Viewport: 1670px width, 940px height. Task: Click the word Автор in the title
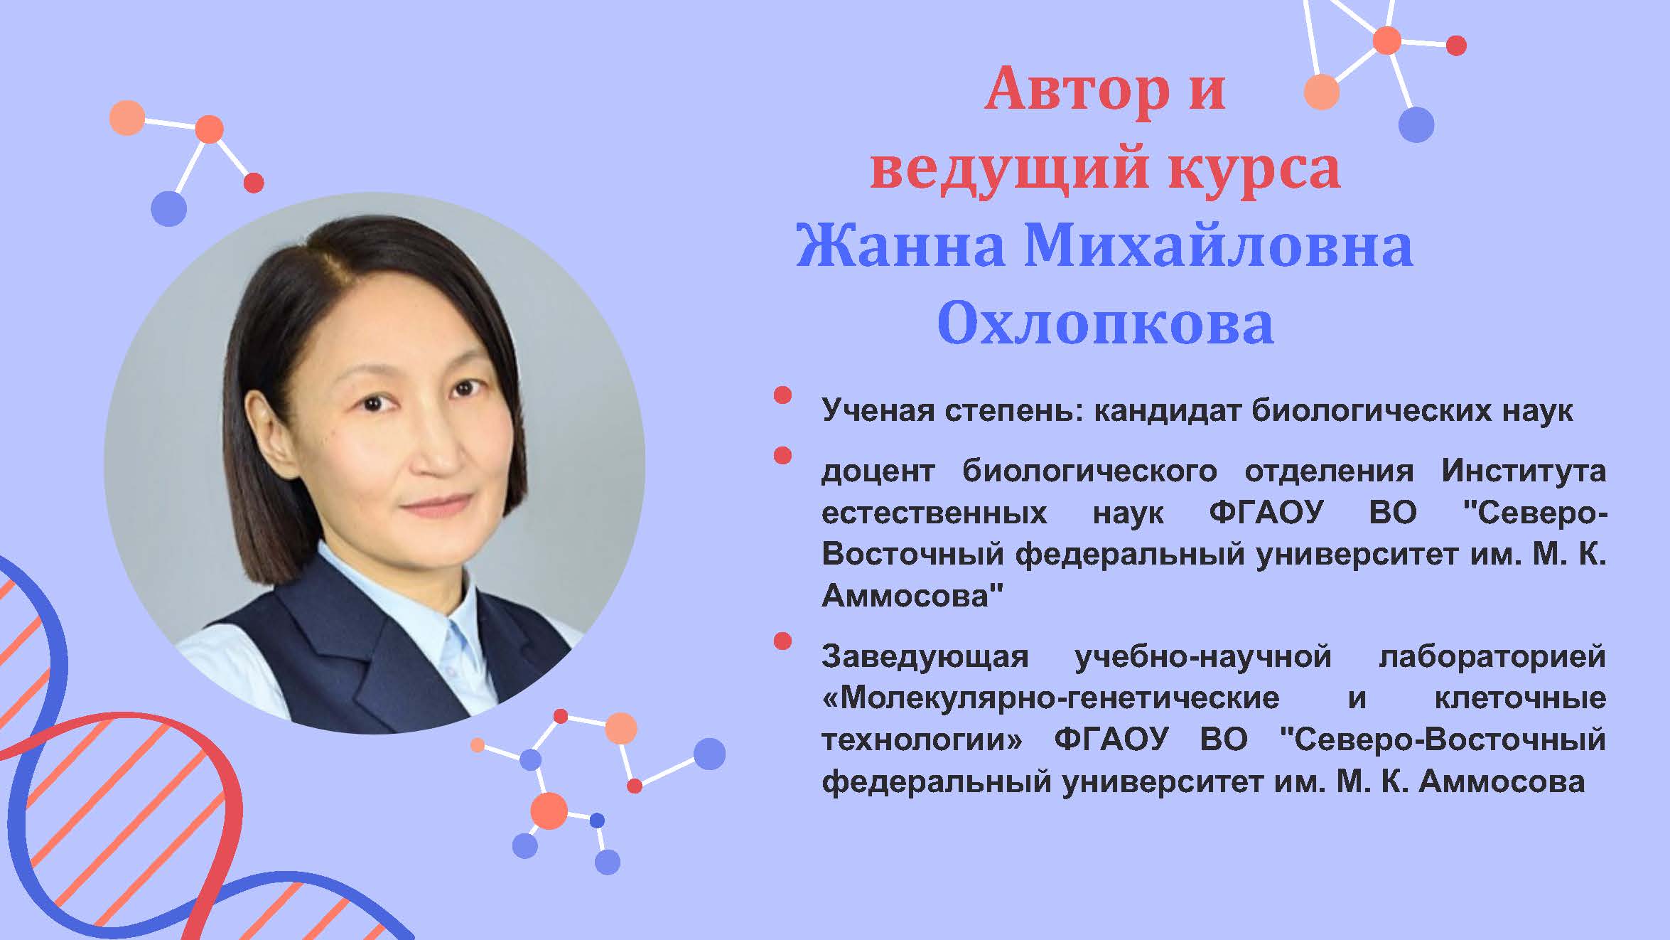click(x=1077, y=90)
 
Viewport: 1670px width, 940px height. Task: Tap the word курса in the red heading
click(x=1254, y=168)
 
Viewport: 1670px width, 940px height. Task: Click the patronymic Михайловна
click(x=1218, y=246)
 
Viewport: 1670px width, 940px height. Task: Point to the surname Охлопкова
click(x=1105, y=324)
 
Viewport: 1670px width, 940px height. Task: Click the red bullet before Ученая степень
click(x=782, y=395)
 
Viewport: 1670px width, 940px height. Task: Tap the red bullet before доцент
click(x=782, y=455)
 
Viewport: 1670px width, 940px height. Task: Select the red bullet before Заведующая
click(x=782, y=641)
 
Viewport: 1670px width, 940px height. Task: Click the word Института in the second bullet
click(x=1524, y=471)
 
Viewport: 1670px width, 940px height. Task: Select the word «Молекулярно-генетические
click(x=1050, y=698)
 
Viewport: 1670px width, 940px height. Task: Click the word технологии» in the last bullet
click(x=922, y=740)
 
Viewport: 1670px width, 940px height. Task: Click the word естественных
click(x=934, y=513)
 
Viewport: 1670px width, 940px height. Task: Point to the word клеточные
click(x=1520, y=698)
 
